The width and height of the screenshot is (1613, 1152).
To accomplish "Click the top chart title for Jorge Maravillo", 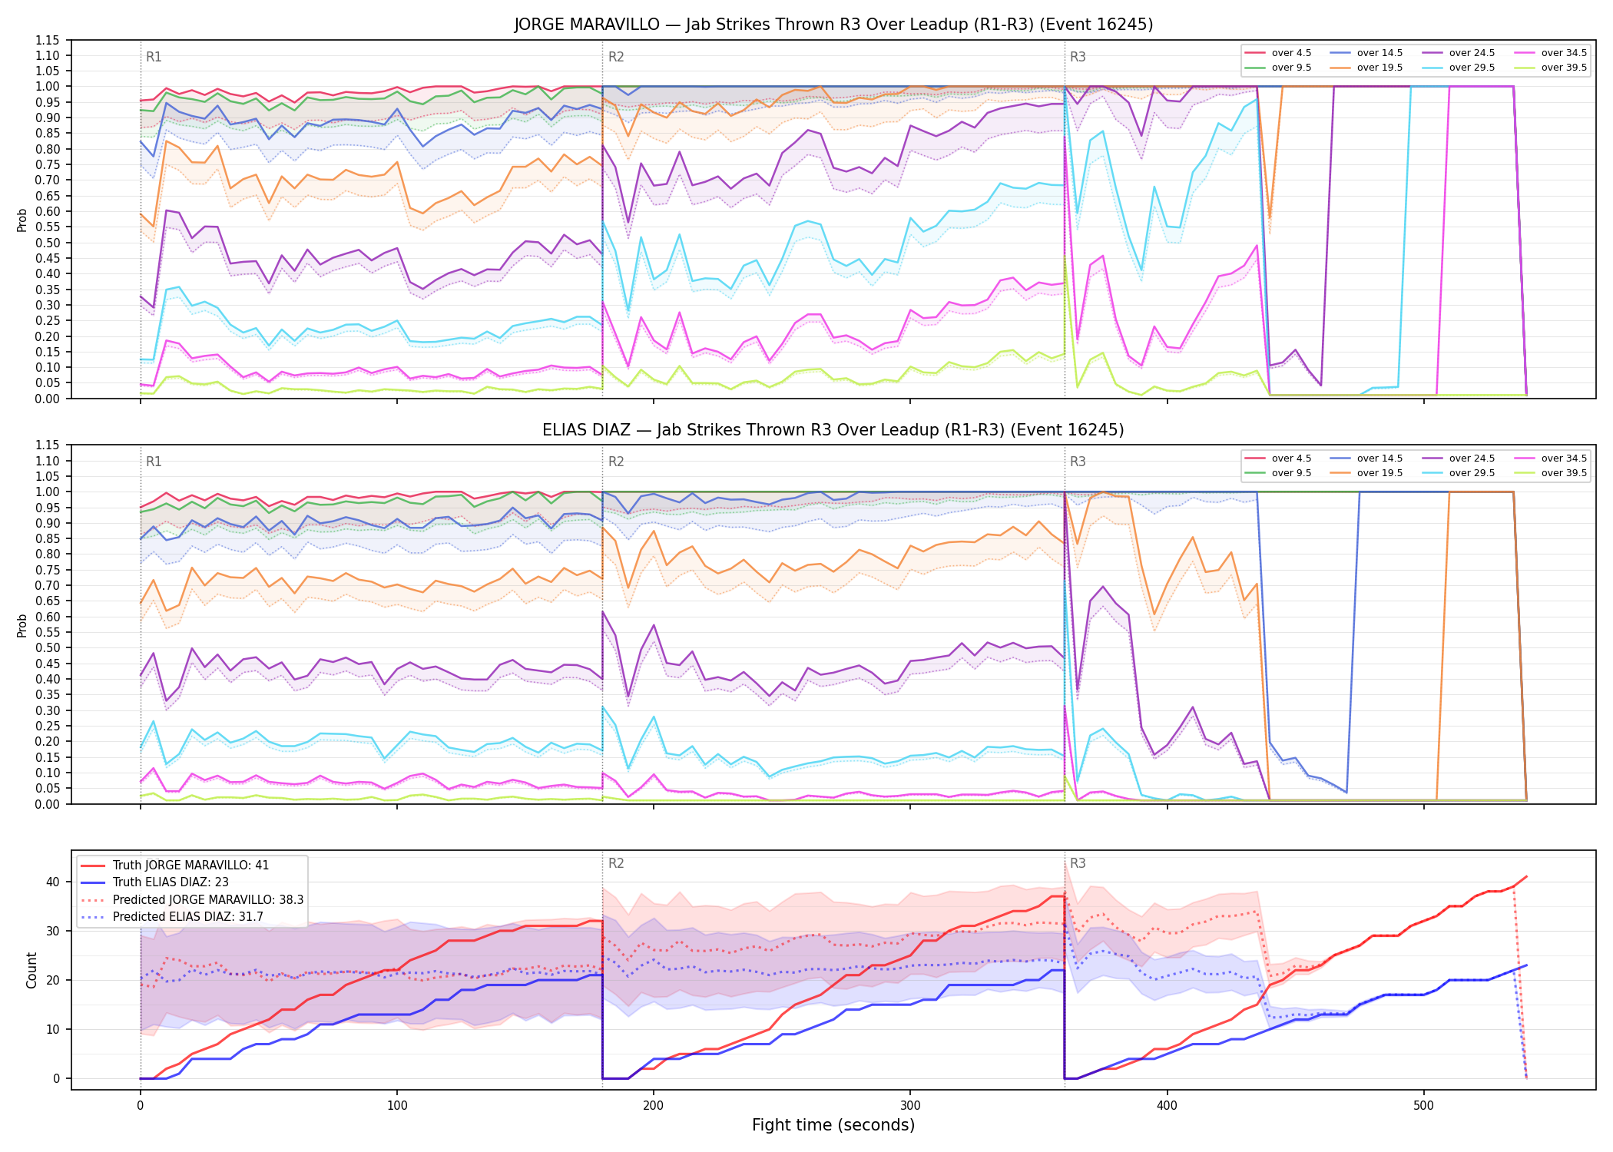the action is (x=833, y=25).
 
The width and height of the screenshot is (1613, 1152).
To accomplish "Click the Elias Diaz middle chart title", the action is (x=833, y=430).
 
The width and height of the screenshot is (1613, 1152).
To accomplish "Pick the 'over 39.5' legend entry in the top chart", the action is (x=1551, y=68).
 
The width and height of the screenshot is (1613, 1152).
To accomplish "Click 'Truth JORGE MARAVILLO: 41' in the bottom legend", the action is (x=175, y=865).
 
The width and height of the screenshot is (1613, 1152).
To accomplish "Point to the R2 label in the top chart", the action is (x=616, y=57).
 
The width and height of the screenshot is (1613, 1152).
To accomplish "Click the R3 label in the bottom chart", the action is (x=1078, y=863).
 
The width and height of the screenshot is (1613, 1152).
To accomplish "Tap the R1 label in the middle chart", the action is (x=154, y=462).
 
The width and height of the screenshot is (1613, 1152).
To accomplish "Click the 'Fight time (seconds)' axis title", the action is (x=833, y=1125).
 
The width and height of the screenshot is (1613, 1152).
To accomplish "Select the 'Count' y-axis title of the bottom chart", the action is (x=31, y=970).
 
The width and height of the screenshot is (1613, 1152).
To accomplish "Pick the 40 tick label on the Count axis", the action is (x=53, y=882).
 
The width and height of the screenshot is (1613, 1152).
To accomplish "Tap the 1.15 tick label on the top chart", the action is (x=48, y=40).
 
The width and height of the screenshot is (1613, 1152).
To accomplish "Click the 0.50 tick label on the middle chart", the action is (x=48, y=648).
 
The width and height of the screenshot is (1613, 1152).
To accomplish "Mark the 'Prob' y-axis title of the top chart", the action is (x=22, y=220).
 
